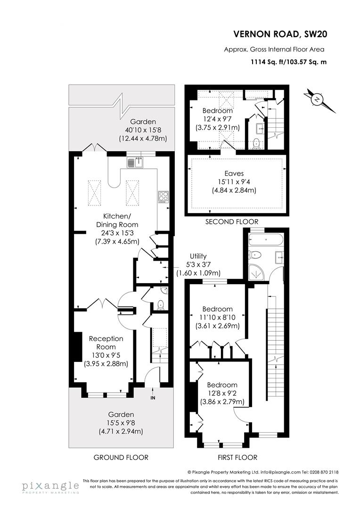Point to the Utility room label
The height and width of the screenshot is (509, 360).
pyautogui.click(x=198, y=256)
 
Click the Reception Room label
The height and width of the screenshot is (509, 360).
pyautogui.click(x=106, y=343)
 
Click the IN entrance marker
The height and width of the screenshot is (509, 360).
pyautogui.click(x=153, y=398)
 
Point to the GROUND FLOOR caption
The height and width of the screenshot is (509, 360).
pyautogui.click(x=121, y=458)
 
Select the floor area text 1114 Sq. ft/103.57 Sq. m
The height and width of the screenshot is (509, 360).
pyautogui.click(x=295, y=61)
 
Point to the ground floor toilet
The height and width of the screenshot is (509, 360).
pyautogui.click(x=160, y=304)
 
